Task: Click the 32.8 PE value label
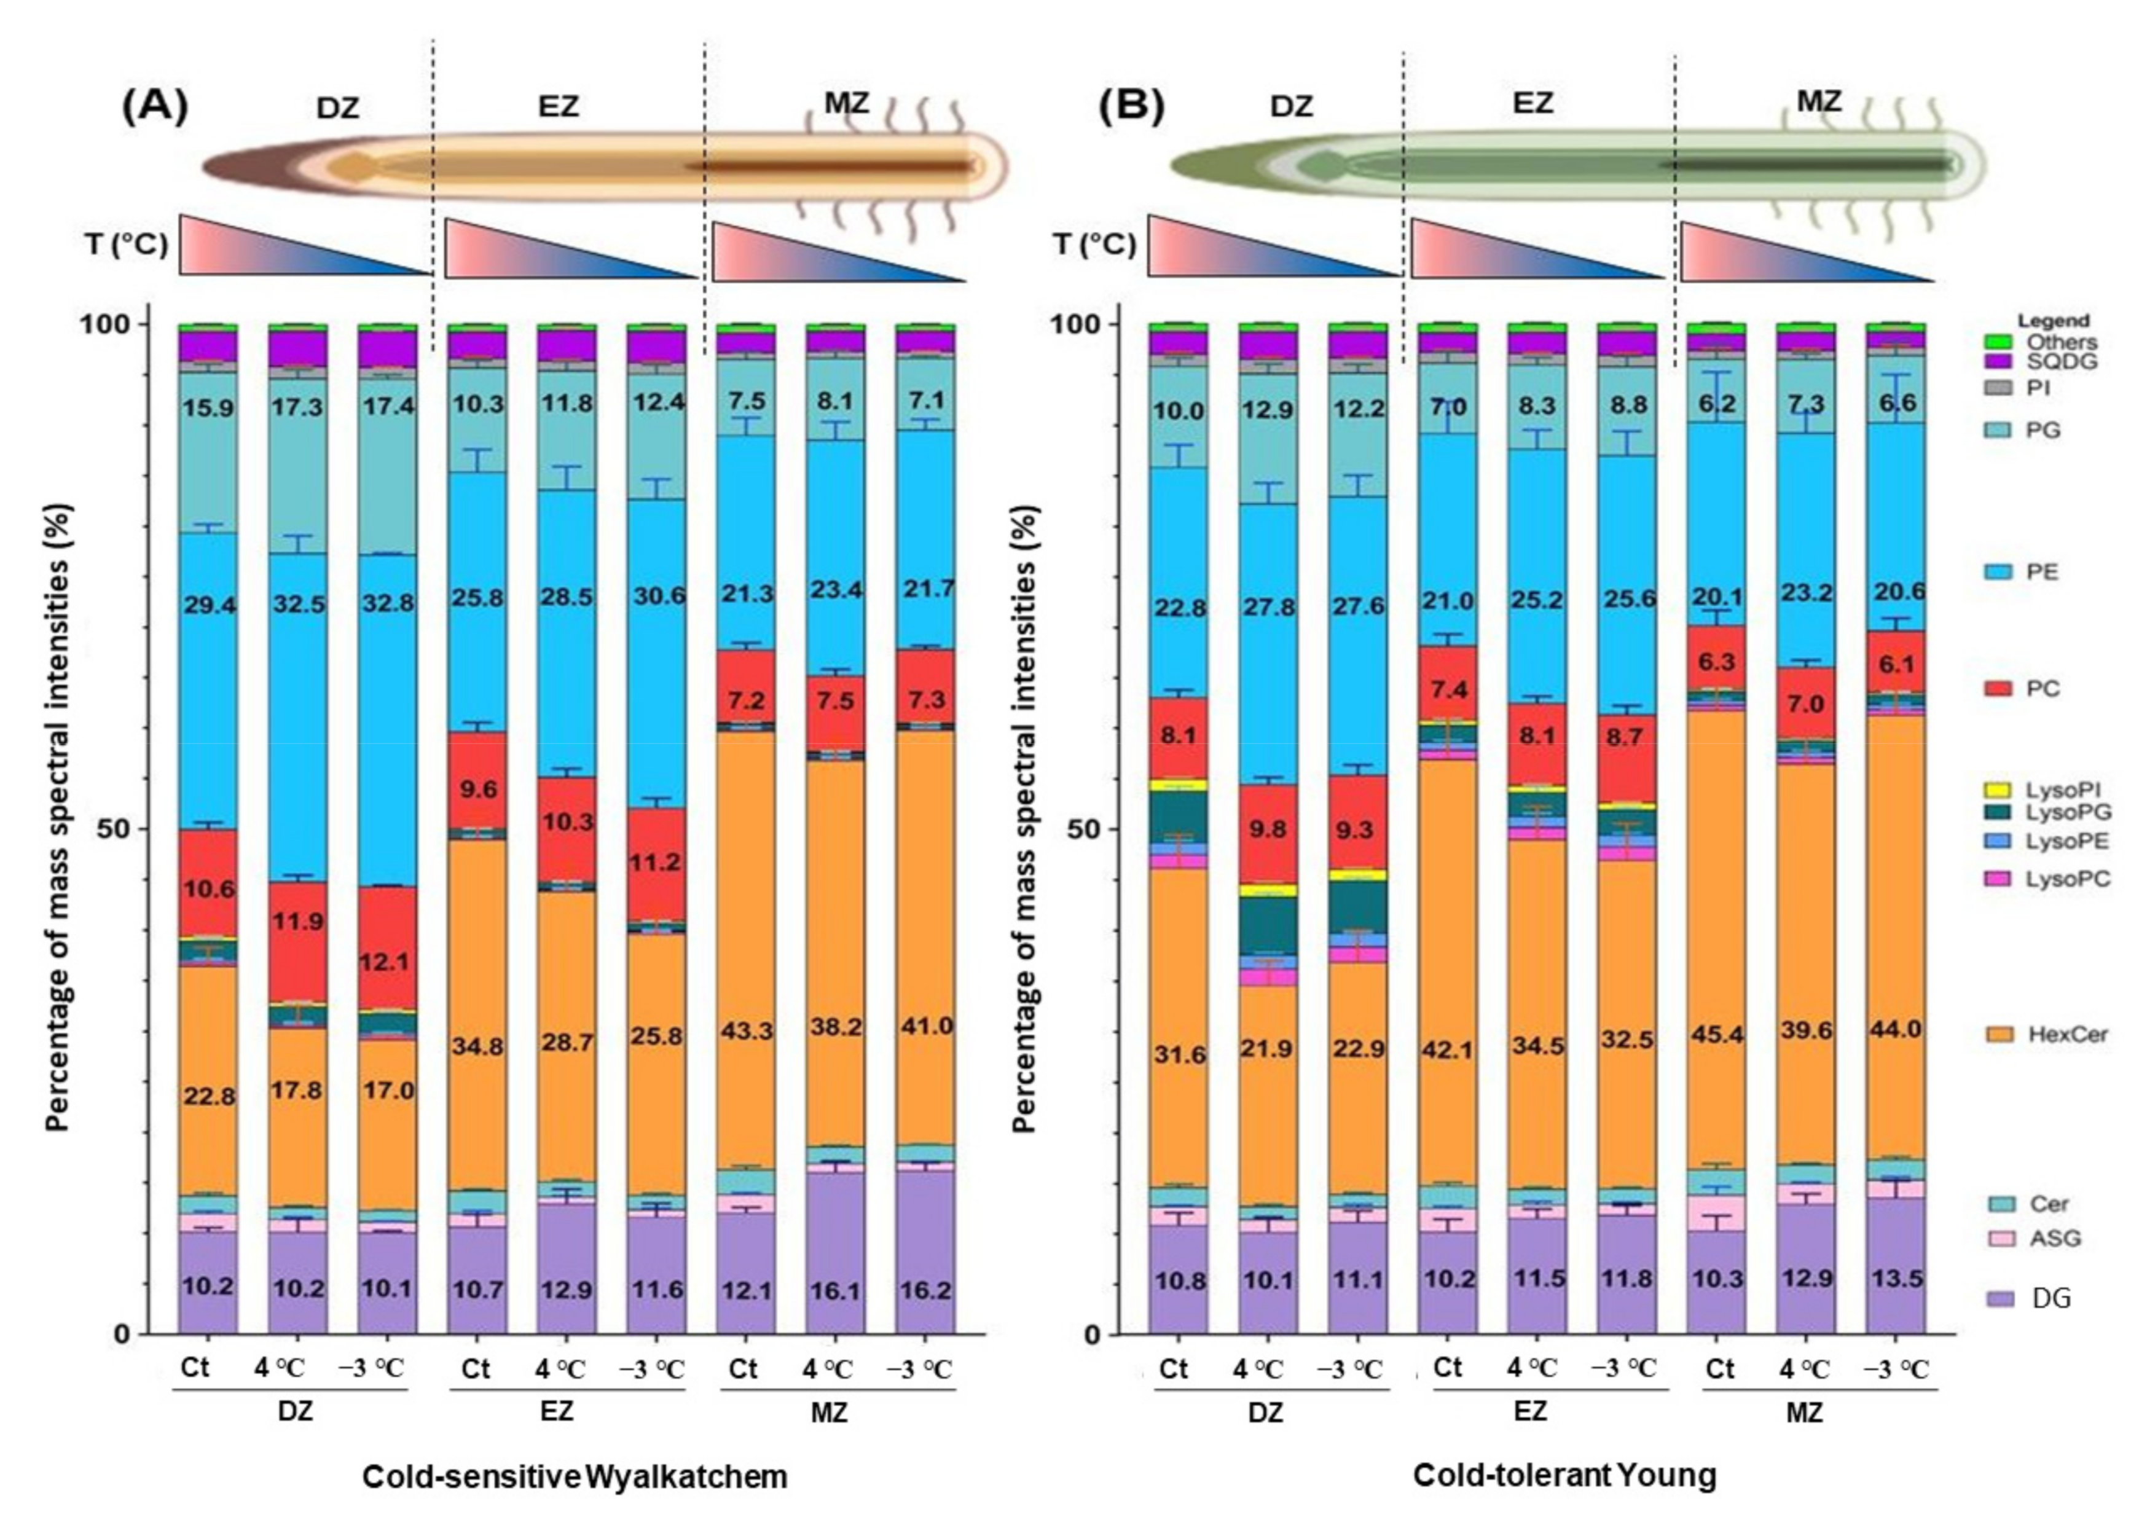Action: tap(388, 602)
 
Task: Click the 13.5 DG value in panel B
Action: tap(1897, 1279)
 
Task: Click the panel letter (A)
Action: tap(155, 106)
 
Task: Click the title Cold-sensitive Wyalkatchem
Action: tap(575, 1477)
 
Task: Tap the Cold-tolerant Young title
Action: tap(1564, 1475)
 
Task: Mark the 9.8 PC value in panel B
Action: tap(1268, 829)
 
